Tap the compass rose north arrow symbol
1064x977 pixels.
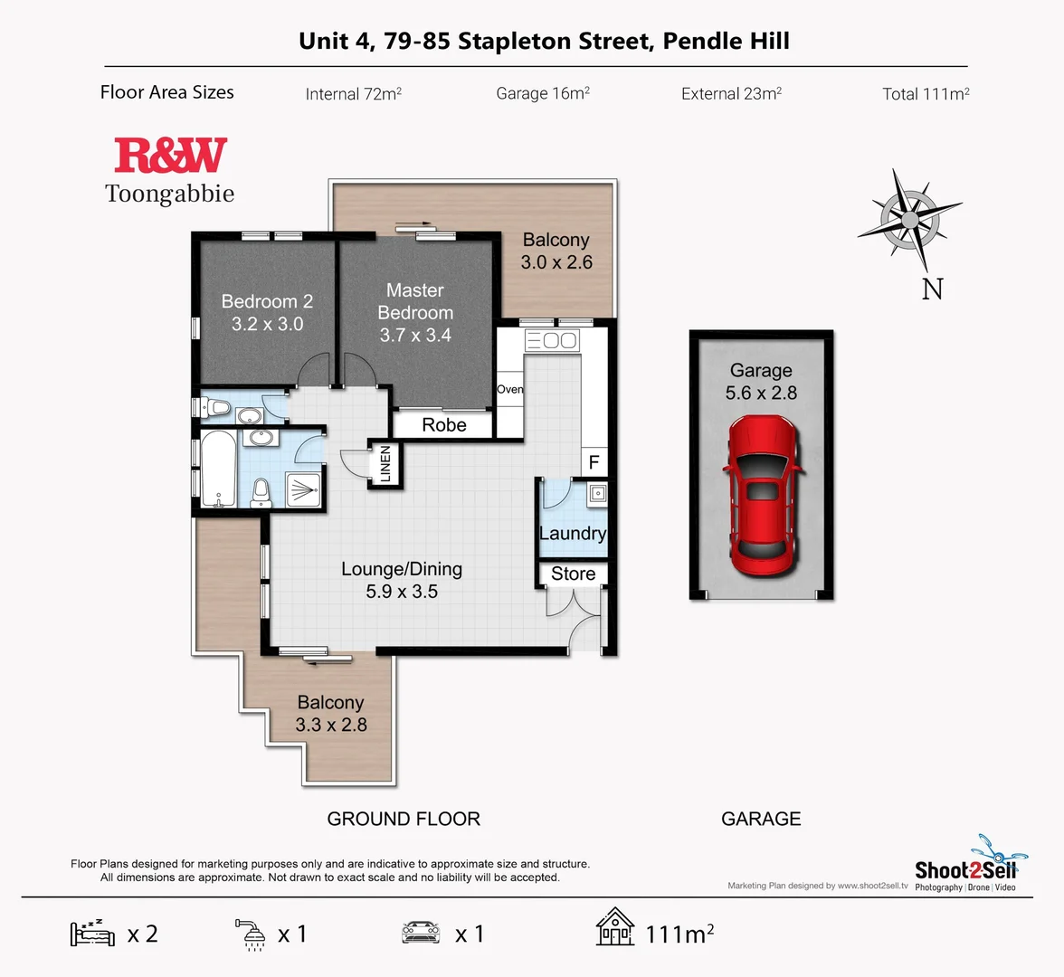coord(910,219)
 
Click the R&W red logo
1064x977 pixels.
coord(170,156)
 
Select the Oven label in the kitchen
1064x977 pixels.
coord(509,389)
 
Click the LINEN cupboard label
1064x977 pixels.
coord(385,464)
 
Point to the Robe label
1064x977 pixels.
coord(443,424)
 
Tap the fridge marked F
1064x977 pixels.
coord(594,462)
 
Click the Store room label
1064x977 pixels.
coord(573,574)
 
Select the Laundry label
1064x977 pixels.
coord(572,533)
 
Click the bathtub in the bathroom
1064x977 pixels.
coord(215,471)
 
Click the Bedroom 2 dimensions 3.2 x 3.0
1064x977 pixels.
coord(267,324)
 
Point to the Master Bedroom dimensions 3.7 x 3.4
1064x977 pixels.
coord(414,335)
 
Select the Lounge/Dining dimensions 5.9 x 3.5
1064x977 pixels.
coord(402,592)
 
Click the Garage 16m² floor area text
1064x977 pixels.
coord(543,93)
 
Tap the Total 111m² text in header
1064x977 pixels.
coord(926,93)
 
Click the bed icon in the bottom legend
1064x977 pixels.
coord(92,933)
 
